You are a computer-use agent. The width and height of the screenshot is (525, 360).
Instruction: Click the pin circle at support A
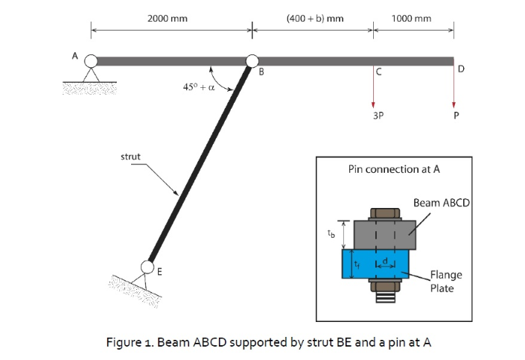91,60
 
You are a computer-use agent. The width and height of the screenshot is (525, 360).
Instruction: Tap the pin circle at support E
147,267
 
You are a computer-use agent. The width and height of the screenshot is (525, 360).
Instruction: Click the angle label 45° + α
199,86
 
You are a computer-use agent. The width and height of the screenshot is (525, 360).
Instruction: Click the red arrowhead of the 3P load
375,104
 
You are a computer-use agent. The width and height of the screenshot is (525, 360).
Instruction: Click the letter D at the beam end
461,69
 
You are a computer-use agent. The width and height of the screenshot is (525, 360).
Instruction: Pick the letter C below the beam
379,72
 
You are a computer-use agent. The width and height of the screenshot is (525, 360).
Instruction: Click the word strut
132,157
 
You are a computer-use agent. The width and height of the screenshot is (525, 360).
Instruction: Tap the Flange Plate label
446,281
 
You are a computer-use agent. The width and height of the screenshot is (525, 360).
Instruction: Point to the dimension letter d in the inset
387,259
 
